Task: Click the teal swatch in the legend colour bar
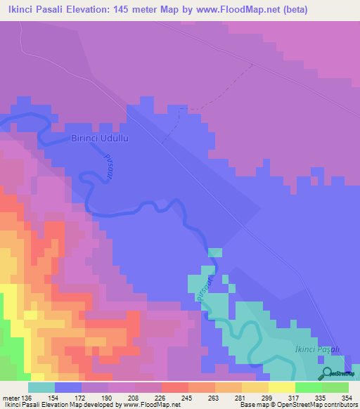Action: click(41, 388)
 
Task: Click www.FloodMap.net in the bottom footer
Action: click(150, 405)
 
